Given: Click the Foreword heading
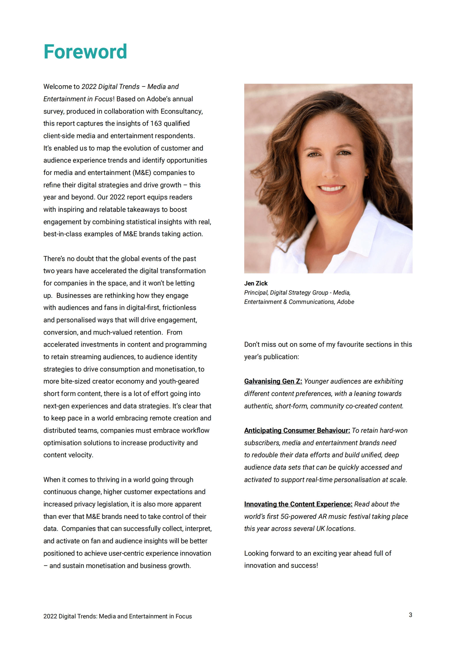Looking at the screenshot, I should point(85,52).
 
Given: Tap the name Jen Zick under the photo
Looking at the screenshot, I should point(256,283).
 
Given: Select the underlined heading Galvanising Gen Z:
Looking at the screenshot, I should point(273,381).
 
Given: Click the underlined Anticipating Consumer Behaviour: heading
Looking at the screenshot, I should point(297,430).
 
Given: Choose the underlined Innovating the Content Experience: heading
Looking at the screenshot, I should point(298,504).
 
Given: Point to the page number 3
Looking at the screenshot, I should point(410,615).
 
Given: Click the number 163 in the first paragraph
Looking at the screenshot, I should point(156,123).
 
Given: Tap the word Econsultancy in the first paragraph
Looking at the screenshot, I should point(181,111).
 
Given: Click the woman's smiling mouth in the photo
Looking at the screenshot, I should point(332,188).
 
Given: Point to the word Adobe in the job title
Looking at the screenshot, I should point(345,302).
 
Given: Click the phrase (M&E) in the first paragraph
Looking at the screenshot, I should point(142,173).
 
